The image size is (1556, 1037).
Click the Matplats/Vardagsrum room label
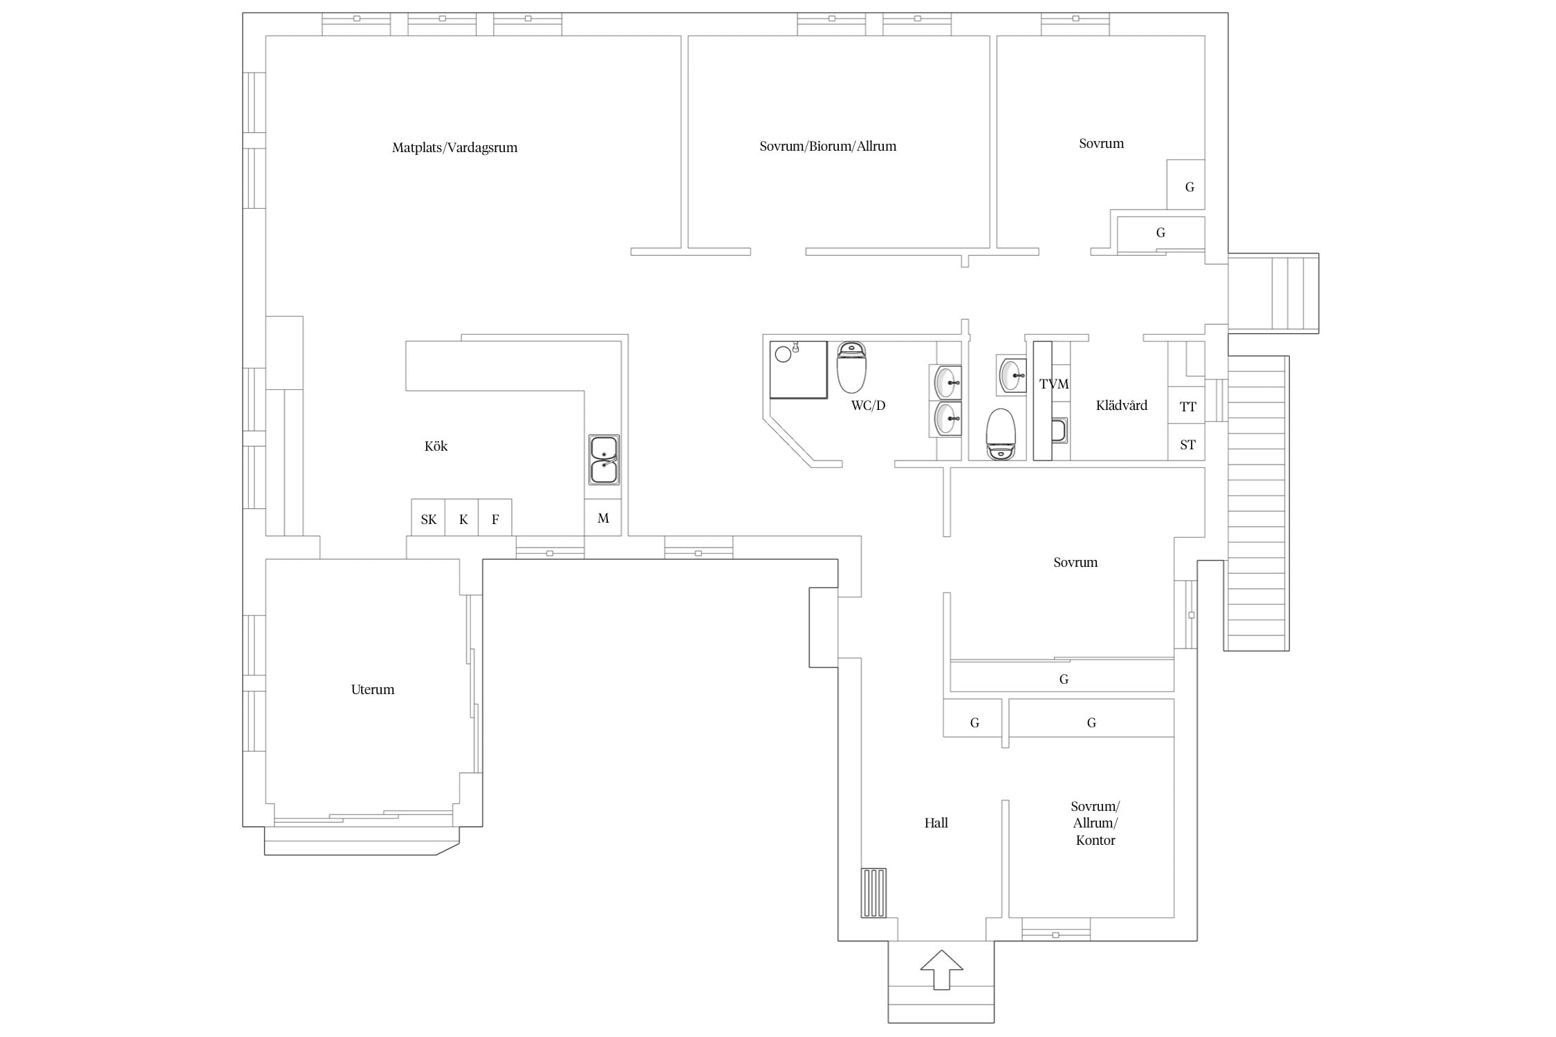[454, 147]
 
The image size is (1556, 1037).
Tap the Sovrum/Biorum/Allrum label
[828, 146]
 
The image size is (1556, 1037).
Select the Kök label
[436, 446]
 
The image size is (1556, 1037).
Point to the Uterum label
[373, 689]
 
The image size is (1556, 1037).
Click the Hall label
[936, 823]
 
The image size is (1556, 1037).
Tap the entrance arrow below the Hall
[941, 969]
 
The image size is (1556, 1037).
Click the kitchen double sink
[604, 459]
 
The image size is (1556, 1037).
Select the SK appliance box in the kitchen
[428, 517]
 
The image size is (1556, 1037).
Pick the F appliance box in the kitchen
[495, 517]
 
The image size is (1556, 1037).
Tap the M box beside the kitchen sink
[602, 517]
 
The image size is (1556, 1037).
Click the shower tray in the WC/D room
[799, 370]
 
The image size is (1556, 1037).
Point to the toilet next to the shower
[851, 366]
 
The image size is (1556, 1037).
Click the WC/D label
[868, 405]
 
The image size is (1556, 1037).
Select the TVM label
[1054, 384]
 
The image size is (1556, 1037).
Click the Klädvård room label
[1121, 405]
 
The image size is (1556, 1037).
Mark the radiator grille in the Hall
[873, 893]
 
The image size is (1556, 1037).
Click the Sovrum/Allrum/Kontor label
[1095, 823]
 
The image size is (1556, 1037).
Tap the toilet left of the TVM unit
[1001, 434]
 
